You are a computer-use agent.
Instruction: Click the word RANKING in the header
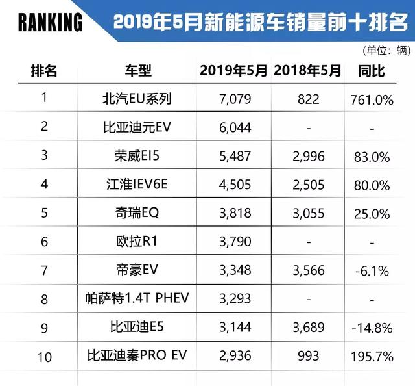(51, 23)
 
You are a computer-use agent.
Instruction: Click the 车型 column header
(133, 71)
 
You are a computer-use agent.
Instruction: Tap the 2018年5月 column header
(307, 71)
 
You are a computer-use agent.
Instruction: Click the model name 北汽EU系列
(133, 99)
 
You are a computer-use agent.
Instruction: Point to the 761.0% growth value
(372, 99)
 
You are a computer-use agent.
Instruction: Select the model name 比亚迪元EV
(133, 128)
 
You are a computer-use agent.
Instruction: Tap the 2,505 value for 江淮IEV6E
(307, 185)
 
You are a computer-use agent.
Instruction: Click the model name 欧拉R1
(133, 242)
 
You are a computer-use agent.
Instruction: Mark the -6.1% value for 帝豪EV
(372, 270)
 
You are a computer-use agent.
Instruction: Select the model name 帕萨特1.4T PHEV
(133, 299)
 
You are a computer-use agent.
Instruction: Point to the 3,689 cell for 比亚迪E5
(307, 328)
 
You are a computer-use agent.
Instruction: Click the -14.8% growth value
(372, 328)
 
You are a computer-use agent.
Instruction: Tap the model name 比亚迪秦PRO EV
(133, 356)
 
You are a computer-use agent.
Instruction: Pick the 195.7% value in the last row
(372, 356)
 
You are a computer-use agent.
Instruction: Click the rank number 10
(44, 356)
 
